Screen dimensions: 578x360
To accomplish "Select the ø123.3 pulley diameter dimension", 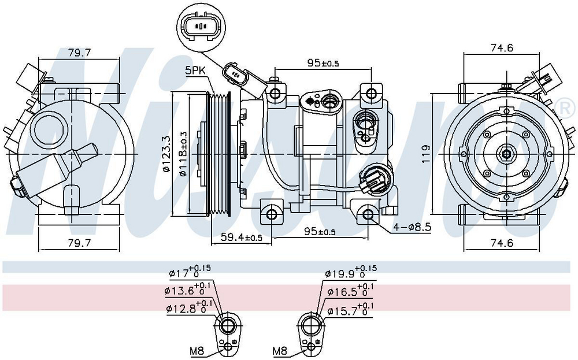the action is pyautogui.click(x=166, y=154).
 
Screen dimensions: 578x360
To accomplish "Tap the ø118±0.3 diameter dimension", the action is pyautogui.click(x=183, y=154).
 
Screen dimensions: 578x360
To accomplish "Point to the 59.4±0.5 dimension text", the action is pyautogui.click(x=242, y=237).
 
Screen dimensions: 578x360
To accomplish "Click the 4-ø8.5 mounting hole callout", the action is pyautogui.click(x=412, y=227).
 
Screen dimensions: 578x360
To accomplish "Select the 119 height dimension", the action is pyautogui.click(x=426, y=154).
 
